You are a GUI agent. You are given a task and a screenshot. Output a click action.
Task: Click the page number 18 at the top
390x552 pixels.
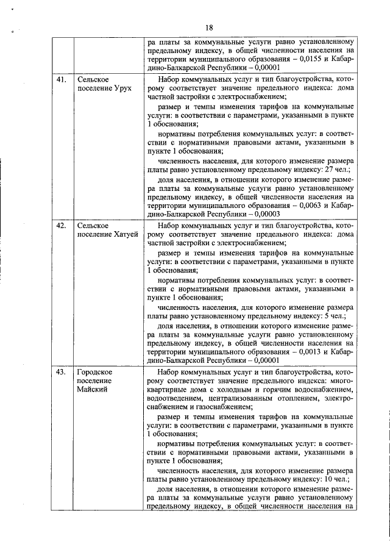[x=208, y=27]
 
